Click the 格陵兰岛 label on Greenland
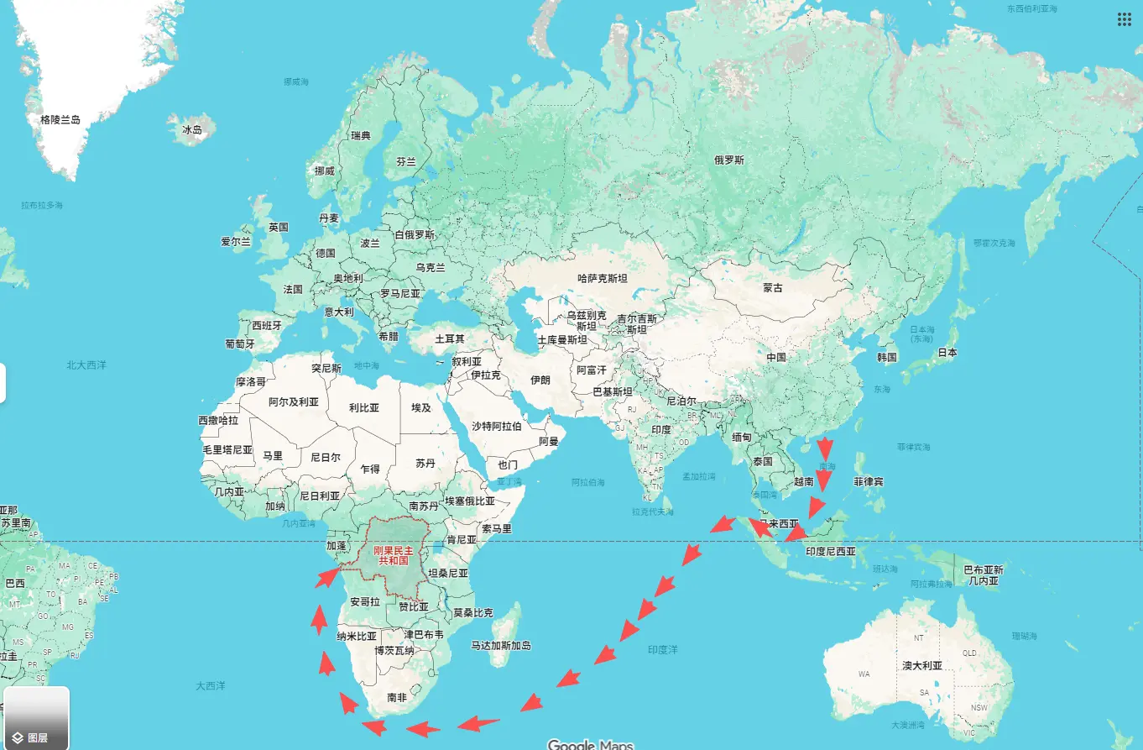(60, 120)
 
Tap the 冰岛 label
(192, 130)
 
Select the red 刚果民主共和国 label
(393, 553)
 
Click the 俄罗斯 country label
(728, 160)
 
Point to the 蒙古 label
(772, 288)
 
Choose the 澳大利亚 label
(921, 665)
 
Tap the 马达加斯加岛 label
(500, 645)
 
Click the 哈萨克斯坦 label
(602, 278)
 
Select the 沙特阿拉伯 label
(496, 426)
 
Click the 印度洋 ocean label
(662, 649)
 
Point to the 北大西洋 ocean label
(86, 365)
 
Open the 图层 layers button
(36, 718)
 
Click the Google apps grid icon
(1124, 19)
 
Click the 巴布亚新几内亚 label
(983, 574)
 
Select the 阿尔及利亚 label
(294, 402)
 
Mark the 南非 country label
(397, 697)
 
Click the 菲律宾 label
(868, 482)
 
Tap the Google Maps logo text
(590, 744)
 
